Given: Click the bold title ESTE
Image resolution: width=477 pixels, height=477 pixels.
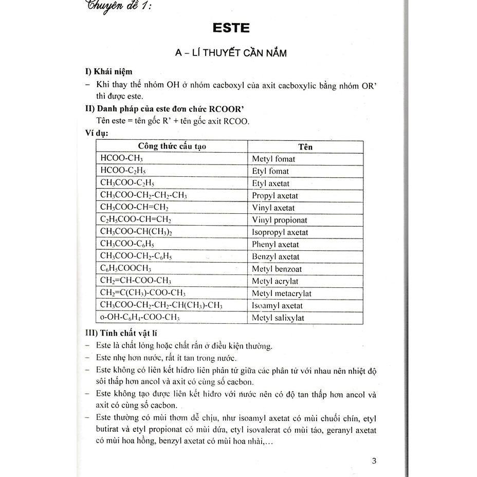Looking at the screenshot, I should click(230, 27).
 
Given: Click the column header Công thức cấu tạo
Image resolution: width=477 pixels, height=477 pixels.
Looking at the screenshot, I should click(172, 146).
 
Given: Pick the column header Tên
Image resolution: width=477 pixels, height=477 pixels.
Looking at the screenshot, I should click(305, 147).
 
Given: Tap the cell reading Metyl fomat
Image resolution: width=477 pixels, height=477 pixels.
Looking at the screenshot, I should click(273, 159).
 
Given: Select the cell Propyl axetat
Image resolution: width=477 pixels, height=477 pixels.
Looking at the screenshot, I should click(275, 195).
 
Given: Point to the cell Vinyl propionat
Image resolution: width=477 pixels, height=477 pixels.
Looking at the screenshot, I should click(280, 220).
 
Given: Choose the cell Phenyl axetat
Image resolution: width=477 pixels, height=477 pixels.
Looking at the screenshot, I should click(276, 245).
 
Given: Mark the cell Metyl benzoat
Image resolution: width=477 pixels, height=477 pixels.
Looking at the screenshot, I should click(277, 269).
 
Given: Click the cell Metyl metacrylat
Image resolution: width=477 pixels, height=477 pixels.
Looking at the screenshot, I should click(282, 293).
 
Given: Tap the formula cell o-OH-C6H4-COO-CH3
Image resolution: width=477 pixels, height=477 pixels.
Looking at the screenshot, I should click(140, 318).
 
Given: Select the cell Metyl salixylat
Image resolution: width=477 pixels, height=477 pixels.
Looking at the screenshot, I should click(278, 318).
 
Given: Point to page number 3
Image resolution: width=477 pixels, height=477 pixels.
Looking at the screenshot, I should click(374, 461).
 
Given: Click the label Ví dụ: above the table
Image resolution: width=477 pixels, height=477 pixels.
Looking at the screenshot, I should click(97, 134).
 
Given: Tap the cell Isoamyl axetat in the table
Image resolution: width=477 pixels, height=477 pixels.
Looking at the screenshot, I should click(278, 306).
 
